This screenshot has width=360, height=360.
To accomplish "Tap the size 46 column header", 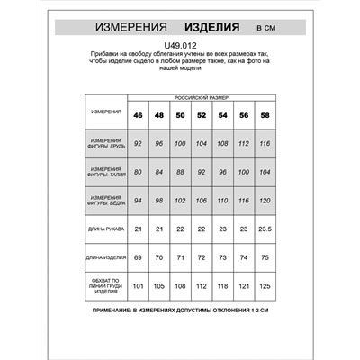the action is point(138,115).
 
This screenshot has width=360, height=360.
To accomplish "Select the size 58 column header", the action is point(264,115).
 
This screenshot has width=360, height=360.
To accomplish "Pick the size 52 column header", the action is point(201,115).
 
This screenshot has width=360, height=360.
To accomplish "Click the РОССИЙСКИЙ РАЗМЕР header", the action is point(201,95).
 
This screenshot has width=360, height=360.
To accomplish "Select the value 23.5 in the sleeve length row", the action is point(264,229).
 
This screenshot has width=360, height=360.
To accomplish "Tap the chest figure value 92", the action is point(138,142).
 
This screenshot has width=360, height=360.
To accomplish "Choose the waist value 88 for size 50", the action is point(180,171).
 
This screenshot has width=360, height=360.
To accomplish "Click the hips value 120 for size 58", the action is point(264,200).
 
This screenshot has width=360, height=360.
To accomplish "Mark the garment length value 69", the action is point(138,259).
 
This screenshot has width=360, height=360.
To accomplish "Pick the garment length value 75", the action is point(264,259).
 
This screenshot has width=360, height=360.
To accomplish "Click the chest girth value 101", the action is point(138,288).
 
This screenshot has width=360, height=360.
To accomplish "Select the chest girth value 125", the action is point(264,288).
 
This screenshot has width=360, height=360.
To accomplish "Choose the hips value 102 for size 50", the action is point(180,200).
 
